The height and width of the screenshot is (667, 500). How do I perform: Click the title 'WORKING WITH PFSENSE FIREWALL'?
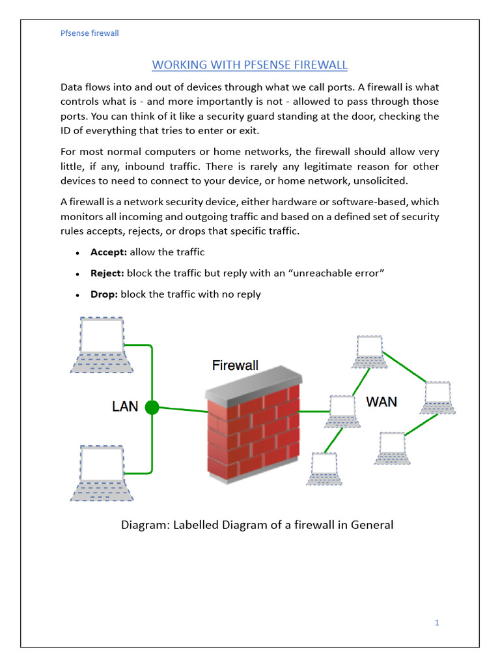point(249,64)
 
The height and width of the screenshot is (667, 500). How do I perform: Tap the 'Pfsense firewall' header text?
point(89,33)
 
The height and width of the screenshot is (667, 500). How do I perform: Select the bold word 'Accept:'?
point(109,252)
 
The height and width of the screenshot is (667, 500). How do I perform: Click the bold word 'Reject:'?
point(107,273)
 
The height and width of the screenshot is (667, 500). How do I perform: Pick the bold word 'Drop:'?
point(104,294)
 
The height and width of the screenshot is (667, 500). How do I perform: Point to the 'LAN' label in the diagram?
point(125,406)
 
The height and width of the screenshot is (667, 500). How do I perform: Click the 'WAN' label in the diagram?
point(382,401)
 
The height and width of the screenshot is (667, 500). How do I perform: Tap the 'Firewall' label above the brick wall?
point(235,365)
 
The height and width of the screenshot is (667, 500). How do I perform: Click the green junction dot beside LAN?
point(152,408)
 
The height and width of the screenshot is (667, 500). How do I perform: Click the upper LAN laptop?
point(102,345)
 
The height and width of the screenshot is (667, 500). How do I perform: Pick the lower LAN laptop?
point(102,473)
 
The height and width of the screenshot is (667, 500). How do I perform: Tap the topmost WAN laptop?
point(369,352)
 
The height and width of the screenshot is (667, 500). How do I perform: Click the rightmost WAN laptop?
point(438,397)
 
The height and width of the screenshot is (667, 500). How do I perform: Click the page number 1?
point(437,623)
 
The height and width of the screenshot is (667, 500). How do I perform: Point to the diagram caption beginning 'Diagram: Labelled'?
point(257,524)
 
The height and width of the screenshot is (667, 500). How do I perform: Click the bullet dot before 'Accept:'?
point(77,253)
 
